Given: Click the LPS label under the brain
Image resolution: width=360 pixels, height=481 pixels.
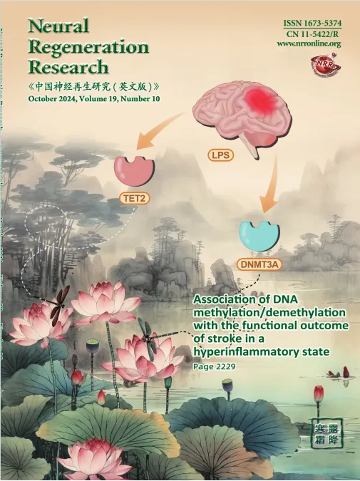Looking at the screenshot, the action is point(221,155).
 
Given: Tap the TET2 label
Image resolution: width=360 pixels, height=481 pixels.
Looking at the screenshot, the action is point(134,199).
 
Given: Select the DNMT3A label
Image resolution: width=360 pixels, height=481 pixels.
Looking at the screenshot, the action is point(259,264).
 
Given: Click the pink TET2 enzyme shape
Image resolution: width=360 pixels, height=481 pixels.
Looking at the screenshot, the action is point(135,172).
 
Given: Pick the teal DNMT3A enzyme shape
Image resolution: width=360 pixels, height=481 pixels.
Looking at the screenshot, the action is point(259,236).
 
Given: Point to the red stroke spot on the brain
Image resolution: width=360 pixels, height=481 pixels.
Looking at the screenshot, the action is point(262,100).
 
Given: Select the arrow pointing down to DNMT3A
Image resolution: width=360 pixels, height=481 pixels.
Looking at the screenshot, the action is point(269,184).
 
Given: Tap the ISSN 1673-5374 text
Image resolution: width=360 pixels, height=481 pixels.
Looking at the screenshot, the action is point(312,24).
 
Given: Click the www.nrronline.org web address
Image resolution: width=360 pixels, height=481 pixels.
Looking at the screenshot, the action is point(309,43).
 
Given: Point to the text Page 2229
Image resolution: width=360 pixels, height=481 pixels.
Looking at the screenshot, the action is point(214,366).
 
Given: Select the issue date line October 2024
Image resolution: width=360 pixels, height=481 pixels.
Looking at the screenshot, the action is point(94,99).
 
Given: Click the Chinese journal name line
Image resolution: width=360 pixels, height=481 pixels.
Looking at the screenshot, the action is point(93,86).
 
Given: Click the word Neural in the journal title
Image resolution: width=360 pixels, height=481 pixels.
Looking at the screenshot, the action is point(59,26).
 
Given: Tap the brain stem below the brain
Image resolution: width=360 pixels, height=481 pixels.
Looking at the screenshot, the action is point(250,145).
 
